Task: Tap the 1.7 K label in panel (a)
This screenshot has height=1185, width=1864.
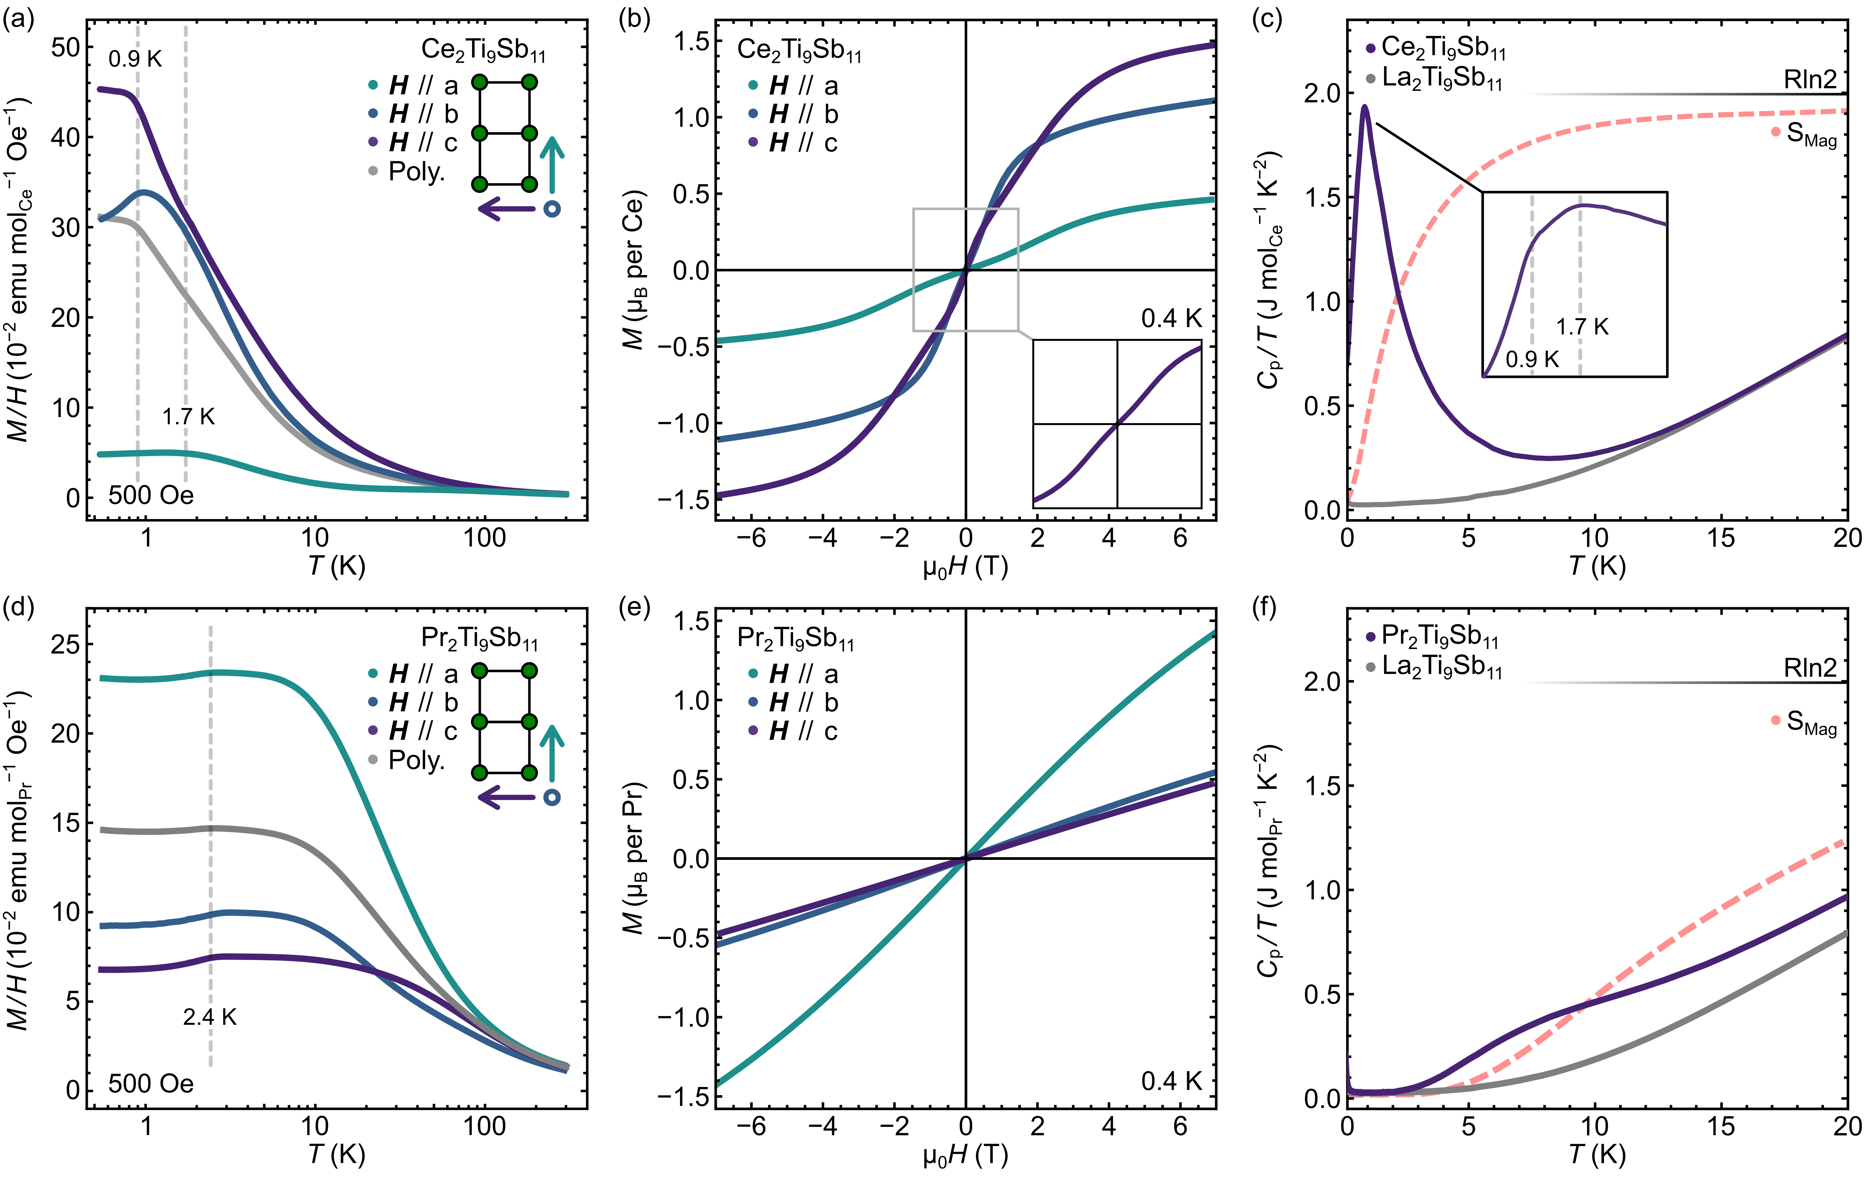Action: [188, 417]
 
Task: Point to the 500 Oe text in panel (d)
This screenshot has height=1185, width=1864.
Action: [151, 1083]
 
